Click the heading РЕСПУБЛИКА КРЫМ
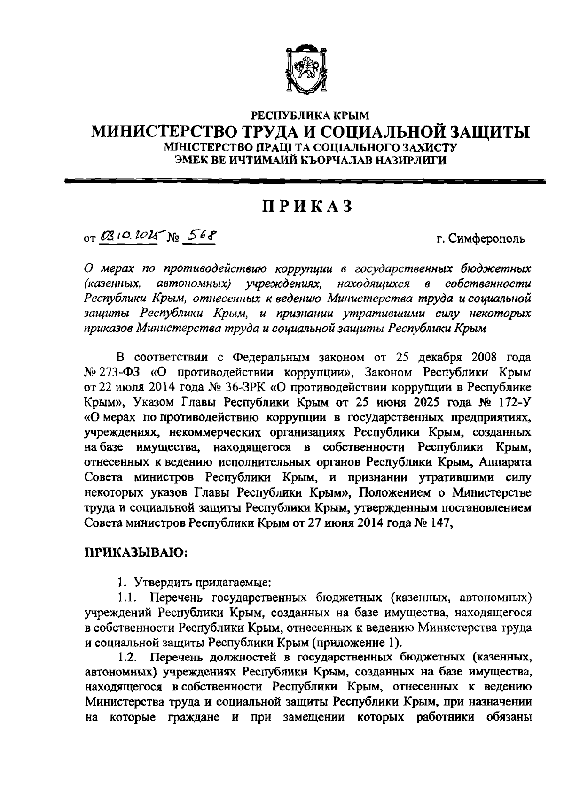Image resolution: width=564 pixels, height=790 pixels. coord(311,115)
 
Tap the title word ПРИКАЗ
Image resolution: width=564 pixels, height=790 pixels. coord(307,206)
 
